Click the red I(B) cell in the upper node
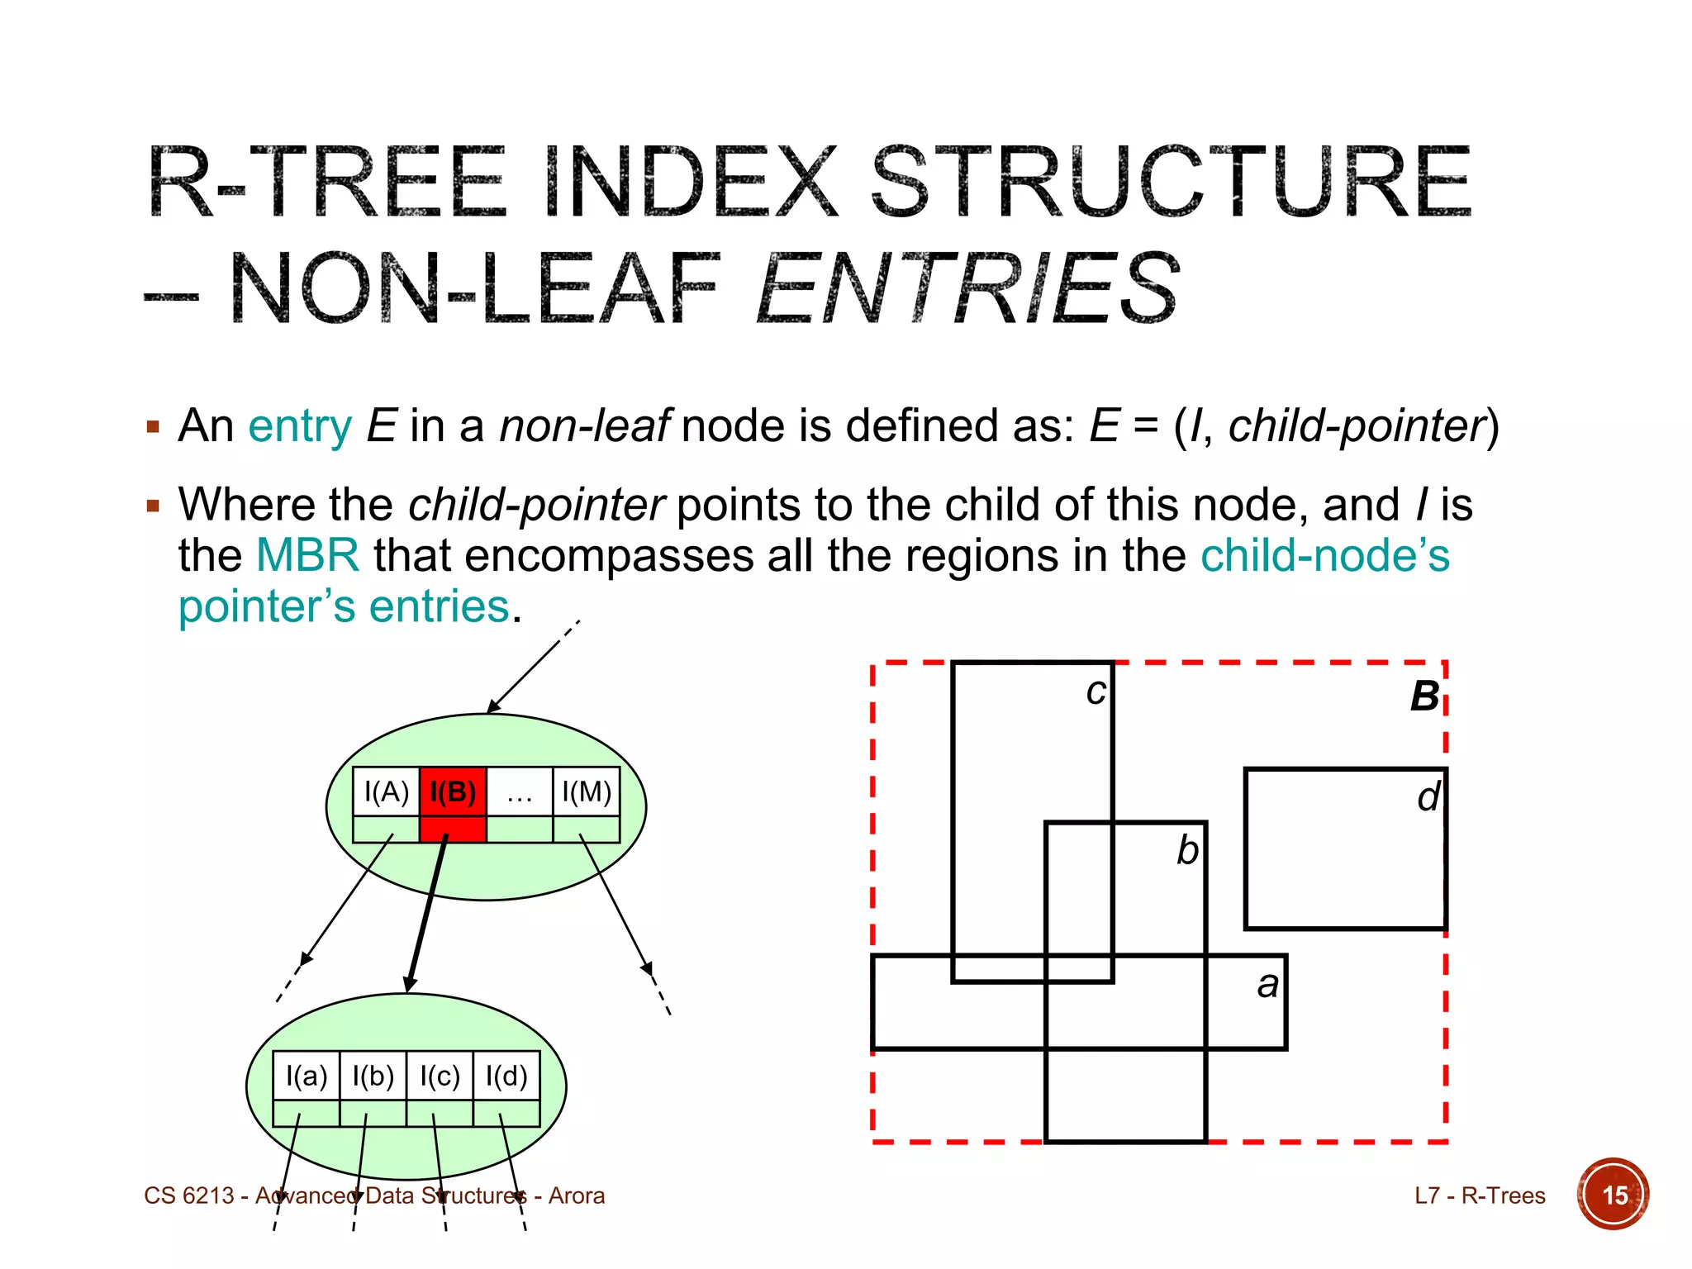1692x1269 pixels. coord(453,792)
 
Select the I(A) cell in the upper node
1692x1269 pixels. coord(386,792)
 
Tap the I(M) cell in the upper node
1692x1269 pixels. coord(586,792)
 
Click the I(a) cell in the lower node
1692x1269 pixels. coord(307,1076)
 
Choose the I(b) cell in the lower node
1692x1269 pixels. coord(373,1076)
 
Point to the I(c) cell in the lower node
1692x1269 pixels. coord(440,1076)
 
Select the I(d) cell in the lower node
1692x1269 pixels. coord(506,1076)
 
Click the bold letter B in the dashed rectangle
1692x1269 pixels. coord(1424,696)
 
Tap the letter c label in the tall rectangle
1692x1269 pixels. coord(1096,692)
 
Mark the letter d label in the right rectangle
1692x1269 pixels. coord(1428,797)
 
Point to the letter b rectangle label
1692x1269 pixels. coord(1187,850)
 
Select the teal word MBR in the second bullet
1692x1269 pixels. coord(307,555)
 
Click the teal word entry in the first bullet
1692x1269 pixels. coord(300,426)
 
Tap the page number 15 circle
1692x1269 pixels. coord(1614,1195)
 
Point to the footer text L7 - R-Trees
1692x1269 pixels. coord(1479,1195)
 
